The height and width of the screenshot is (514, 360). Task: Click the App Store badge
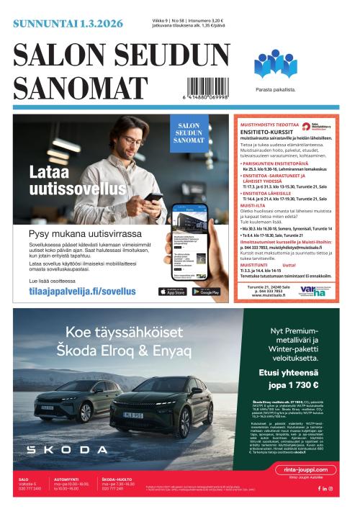pyautogui.click(x=171, y=292)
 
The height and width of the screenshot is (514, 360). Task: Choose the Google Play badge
pyautogui.click(x=206, y=292)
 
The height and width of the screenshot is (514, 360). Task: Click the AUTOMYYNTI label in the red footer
pyautogui.click(x=66, y=479)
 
